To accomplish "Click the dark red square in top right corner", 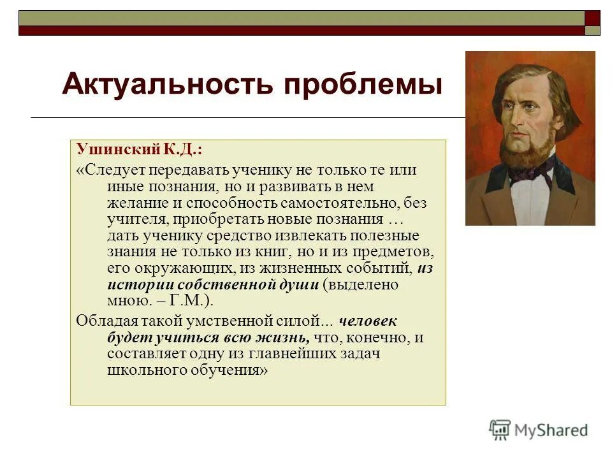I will [592, 18].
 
